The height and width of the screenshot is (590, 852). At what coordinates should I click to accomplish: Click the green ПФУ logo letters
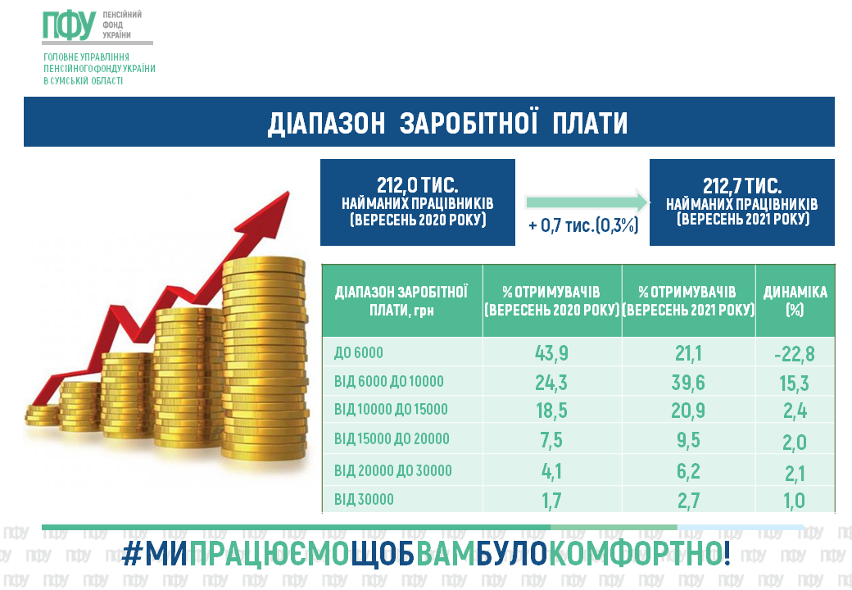[x=70, y=25]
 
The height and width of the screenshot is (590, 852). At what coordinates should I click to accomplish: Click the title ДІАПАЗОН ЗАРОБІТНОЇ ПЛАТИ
[x=448, y=123]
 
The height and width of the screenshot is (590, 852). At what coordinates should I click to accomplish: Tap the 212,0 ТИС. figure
[x=417, y=185]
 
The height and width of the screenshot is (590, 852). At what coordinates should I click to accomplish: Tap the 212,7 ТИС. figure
[x=741, y=186]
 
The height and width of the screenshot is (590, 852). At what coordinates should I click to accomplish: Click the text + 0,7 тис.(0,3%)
[x=583, y=225]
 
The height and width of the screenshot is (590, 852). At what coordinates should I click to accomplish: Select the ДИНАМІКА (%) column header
[x=795, y=301]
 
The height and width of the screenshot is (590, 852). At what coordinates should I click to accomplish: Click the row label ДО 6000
[x=359, y=352]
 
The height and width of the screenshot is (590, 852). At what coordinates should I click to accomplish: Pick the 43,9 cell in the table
[x=551, y=353]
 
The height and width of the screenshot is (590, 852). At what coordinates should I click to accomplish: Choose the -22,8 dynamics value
[x=795, y=354]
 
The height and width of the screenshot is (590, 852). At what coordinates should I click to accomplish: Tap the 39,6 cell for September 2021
[x=688, y=383]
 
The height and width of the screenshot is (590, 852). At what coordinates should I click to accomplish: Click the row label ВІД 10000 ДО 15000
[x=391, y=409]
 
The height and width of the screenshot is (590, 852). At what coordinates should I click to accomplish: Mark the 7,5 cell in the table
[x=551, y=440]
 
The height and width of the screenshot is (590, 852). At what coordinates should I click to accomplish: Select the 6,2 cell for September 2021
[x=688, y=471]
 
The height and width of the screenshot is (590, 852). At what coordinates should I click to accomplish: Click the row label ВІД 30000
[x=364, y=499]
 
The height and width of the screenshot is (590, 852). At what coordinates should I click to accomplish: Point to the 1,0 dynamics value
[x=795, y=501]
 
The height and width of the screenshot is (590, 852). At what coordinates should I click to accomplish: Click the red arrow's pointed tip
[x=288, y=192]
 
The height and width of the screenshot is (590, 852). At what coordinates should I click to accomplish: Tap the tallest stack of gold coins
[x=264, y=359]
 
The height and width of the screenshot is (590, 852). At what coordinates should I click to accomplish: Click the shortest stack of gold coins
[x=42, y=415]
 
